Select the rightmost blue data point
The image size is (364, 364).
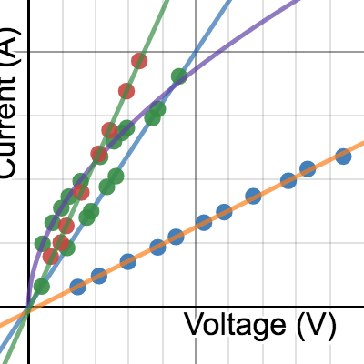point(343,157)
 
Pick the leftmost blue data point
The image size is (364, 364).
point(78,287)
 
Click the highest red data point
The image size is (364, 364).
point(139,61)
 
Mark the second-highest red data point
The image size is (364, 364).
point(126,90)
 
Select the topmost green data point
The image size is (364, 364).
point(179,76)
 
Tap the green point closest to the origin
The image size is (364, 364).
point(41,287)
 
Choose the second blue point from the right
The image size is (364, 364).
point(308,168)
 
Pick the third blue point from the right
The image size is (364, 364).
point(288,180)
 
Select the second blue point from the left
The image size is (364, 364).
point(99,276)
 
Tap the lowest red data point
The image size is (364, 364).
point(51,256)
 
